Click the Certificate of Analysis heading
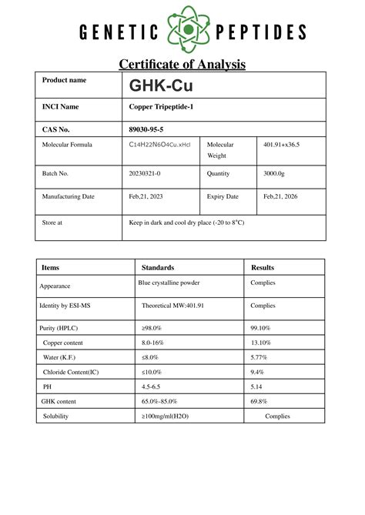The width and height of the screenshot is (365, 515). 182,64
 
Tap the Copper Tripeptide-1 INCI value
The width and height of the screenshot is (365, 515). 160,107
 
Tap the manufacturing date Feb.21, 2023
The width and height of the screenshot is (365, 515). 148,197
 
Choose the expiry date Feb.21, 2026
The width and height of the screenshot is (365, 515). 280,197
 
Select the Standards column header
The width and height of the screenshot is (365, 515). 158,267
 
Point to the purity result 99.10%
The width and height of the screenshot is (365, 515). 261,328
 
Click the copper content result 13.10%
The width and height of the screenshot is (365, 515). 261,343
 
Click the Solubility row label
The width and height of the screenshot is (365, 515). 59,416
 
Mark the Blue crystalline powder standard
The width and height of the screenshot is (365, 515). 169,283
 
